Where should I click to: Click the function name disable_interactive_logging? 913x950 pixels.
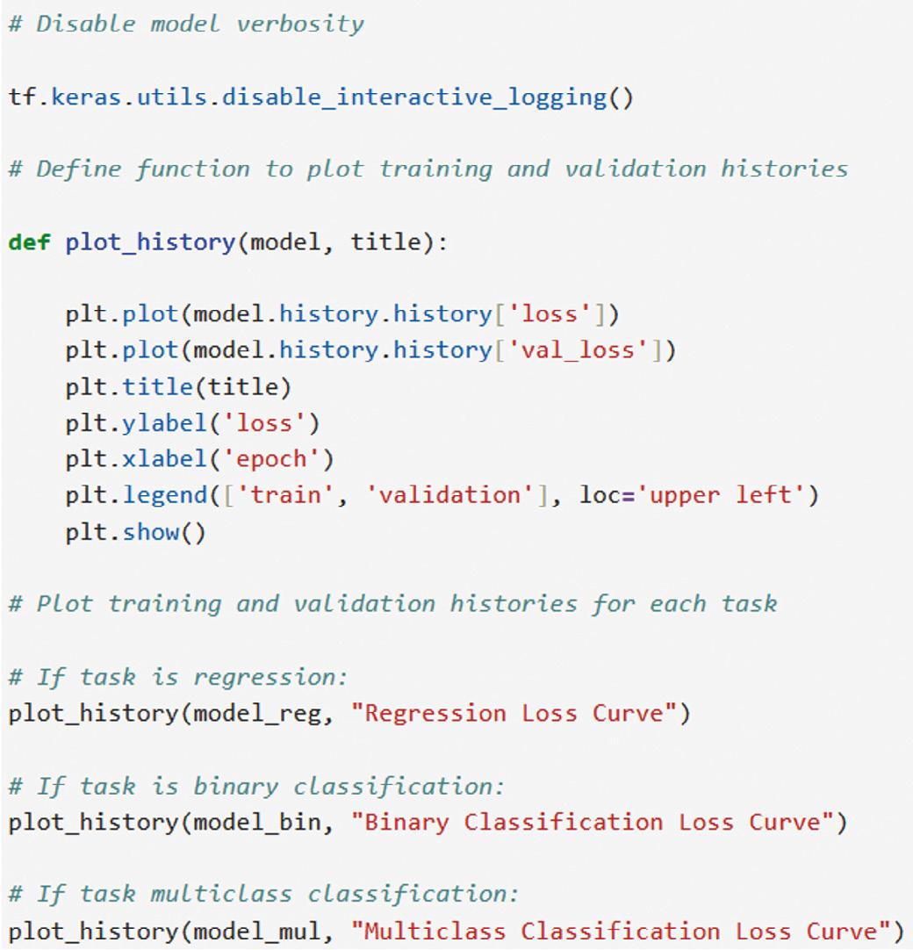(x=413, y=96)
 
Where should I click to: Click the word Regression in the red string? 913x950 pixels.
(x=435, y=713)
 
